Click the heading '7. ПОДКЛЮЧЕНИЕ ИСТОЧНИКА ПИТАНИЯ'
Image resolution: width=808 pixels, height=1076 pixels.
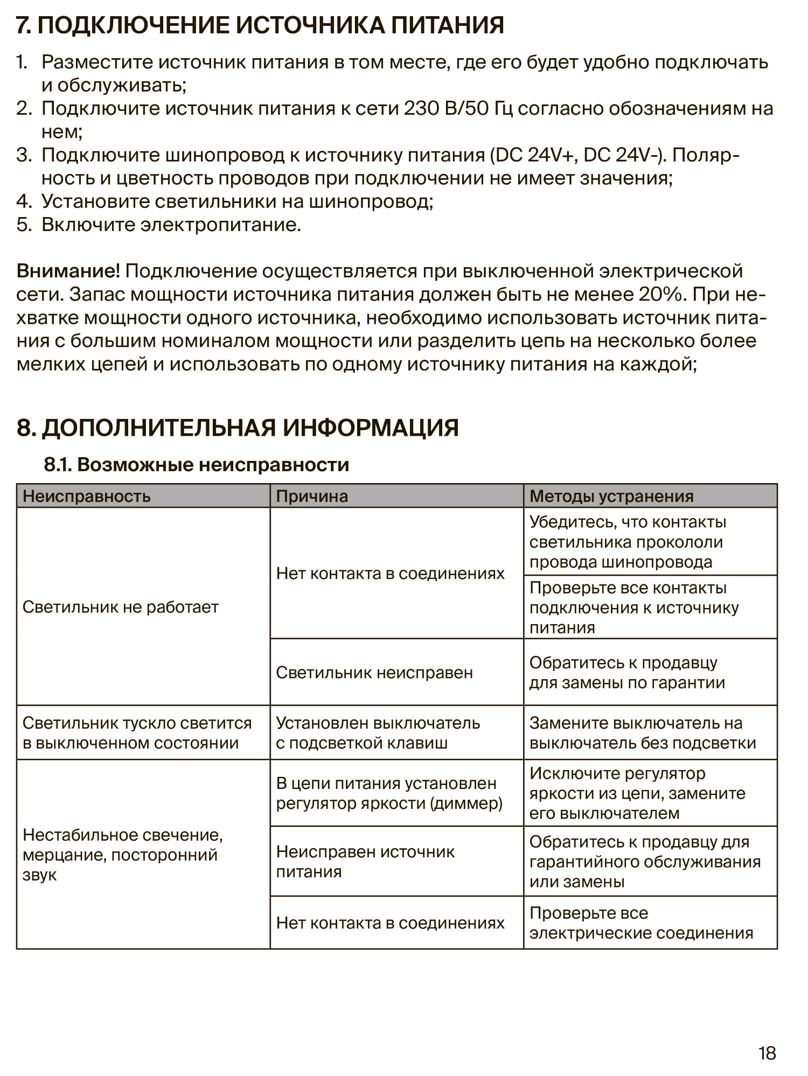[x=260, y=25]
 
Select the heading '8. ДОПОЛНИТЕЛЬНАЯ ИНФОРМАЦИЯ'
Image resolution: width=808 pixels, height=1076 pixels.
[x=238, y=428]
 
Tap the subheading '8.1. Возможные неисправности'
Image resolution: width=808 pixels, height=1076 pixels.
[x=197, y=465]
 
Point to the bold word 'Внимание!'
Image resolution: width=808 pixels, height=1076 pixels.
[x=68, y=271]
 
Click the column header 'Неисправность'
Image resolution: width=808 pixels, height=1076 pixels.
[x=87, y=496]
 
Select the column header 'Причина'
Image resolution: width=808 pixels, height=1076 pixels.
[x=312, y=496]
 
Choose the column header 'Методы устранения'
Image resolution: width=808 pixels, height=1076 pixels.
[x=611, y=496]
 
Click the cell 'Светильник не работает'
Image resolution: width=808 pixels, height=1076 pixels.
[x=121, y=607]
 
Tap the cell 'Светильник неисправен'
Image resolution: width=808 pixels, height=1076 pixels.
[x=374, y=672]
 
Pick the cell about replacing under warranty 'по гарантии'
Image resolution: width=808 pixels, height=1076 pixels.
[x=627, y=673]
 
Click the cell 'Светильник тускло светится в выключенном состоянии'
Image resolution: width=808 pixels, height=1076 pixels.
[x=137, y=733]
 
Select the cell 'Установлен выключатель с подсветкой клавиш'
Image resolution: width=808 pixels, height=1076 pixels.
[x=378, y=733]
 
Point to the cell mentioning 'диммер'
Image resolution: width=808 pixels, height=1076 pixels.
[x=389, y=793]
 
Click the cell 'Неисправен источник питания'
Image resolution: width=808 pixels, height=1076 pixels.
[x=365, y=862]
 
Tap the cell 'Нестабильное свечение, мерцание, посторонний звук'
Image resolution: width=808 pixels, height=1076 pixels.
[x=123, y=855]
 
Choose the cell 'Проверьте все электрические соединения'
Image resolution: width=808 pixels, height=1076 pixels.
[x=641, y=923]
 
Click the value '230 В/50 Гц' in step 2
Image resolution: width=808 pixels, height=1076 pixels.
[x=458, y=109]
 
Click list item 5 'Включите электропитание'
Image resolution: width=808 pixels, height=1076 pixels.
[x=171, y=225]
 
